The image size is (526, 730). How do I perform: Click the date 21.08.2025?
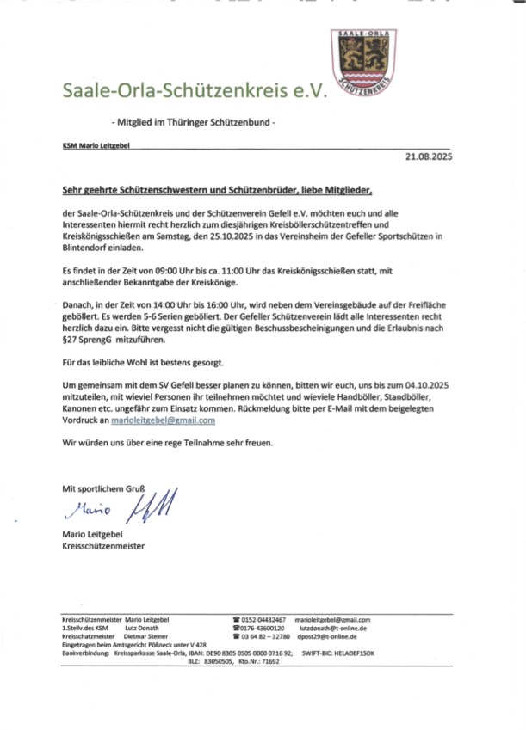point(428,157)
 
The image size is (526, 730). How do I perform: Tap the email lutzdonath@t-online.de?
point(333,629)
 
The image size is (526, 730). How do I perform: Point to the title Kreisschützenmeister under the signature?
point(103,546)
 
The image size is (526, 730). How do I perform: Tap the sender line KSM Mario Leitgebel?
point(96,146)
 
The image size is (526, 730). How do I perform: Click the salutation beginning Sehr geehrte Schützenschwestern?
point(219,189)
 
